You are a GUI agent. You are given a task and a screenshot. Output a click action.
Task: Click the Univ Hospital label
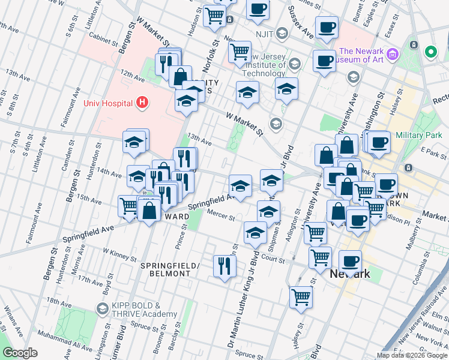tap(108, 103)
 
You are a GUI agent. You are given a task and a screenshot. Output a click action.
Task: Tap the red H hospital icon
tap(142, 103)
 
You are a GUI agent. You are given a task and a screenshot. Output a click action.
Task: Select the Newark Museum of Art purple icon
tap(393, 55)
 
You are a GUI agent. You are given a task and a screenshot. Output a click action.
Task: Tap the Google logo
tap(20, 353)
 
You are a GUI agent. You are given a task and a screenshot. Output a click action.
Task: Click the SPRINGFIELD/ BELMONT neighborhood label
tap(165, 269)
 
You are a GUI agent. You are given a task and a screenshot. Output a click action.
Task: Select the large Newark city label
tap(350, 274)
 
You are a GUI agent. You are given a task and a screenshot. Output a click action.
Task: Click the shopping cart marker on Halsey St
tap(301, 296)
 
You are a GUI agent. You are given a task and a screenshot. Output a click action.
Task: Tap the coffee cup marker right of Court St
tap(350, 261)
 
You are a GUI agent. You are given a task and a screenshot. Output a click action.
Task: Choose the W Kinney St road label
tap(120, 257)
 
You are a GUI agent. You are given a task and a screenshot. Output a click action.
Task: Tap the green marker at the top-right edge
tap(430, 52)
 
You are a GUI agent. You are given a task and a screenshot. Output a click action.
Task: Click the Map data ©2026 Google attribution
tap(412, 355)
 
